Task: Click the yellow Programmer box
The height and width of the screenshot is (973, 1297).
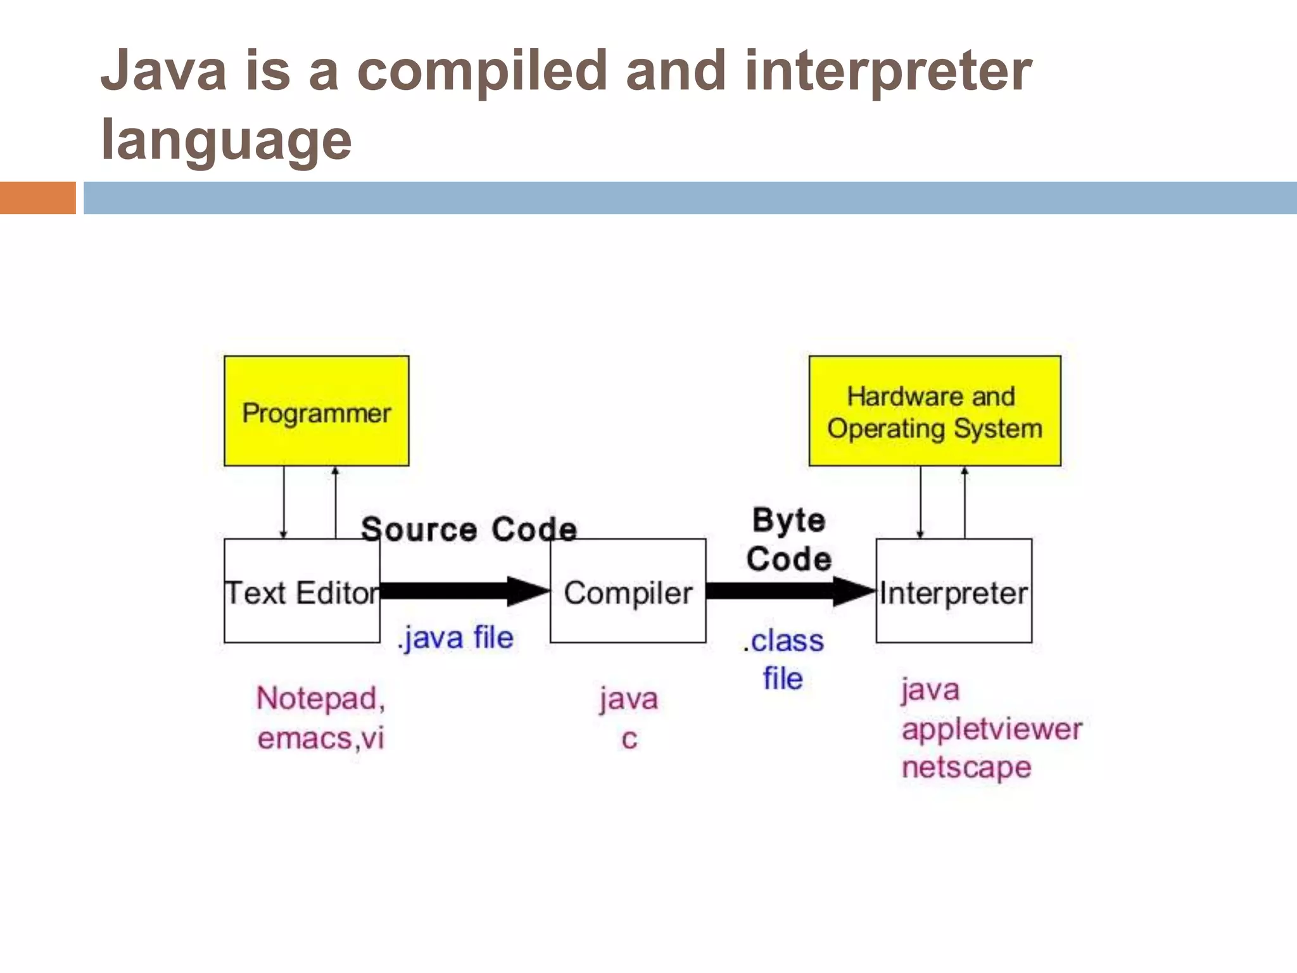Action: click(x=316, y=411)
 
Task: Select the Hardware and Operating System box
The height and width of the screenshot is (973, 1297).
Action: click(x=934, y=411)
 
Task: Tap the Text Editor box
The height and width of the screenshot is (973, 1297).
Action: click(x=301, y=591)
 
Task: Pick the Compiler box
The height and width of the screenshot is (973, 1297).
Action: click(x=628, y=591)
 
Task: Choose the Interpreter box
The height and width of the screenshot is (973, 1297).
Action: click(x=954, y=591)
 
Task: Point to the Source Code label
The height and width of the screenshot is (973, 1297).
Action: click(x=469, y=529)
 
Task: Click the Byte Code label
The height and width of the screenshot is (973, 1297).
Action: click(x=788, y=540)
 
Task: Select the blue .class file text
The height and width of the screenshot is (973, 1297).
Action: click(x=783, y=659)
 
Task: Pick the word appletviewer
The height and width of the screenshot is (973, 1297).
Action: click(x=992, y=729)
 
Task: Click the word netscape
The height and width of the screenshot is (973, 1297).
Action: click(x=966, y=767)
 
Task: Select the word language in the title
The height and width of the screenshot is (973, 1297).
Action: click(x=226, y=141)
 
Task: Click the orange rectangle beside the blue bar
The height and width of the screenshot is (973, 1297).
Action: click(x=37, y=198)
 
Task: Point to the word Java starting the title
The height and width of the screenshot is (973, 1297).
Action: click(x=163, y=71)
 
